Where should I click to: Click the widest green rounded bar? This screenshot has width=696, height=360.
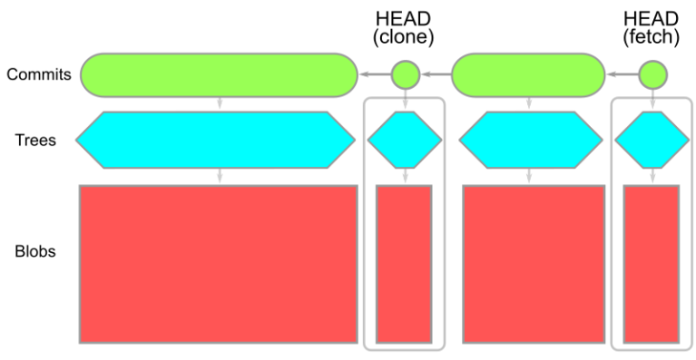coord(219,74)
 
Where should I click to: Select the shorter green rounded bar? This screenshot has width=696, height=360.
coord(528,74)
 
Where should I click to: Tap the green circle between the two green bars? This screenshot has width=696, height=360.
coord(405,74)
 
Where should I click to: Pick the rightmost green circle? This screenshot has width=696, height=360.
coord(652,74)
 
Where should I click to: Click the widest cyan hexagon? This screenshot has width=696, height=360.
coord(215,140)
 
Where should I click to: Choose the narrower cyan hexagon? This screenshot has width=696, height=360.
coord(529,140)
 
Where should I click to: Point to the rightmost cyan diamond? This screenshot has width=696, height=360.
coord(652,140)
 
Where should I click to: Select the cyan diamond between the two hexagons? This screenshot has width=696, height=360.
coord(404,140)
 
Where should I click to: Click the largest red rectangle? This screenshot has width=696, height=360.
coord(218,264)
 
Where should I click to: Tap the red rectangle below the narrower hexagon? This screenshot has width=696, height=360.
coord(533,264)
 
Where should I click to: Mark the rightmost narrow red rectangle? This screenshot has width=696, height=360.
coord(652,264)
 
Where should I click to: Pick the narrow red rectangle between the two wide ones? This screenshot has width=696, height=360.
coord(404,264)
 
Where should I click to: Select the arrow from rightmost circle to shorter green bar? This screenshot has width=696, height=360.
coord(622,74)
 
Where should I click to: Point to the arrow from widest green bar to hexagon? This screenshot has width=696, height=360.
coord(219,103)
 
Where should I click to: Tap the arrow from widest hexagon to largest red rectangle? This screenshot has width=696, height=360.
coord(219,177)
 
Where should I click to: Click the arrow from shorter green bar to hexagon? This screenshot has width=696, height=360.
coord(528,103)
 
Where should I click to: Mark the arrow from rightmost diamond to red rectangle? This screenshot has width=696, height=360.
coord(652,177)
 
